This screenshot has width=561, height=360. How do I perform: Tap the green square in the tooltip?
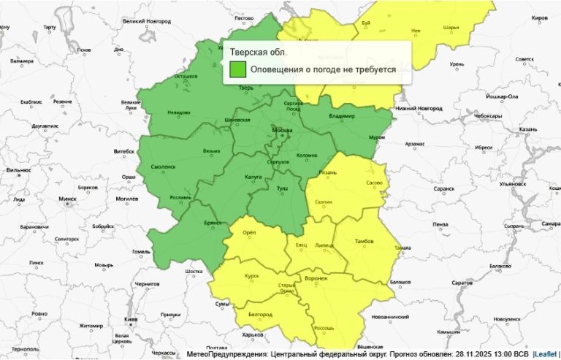click(x=237, y=69)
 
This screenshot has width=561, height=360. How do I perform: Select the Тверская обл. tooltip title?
click(x=258, y=52)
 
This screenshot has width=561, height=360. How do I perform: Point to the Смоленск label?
click(x=163, y=166)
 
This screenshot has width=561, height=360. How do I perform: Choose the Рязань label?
click(x=327, y=172)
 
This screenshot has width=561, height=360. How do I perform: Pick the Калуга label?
click(x=253, y=175)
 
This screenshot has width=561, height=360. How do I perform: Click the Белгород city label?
click(x=260, y=315)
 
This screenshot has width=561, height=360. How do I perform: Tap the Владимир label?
click(x=341, y=116)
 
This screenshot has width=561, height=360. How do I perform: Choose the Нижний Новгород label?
click(x=419, y=108)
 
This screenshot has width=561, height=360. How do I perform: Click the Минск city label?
click(x=67, y=199)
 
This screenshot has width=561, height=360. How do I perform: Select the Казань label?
click(x=528, y=129)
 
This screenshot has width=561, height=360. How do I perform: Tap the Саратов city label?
click(x=463, y=282)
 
